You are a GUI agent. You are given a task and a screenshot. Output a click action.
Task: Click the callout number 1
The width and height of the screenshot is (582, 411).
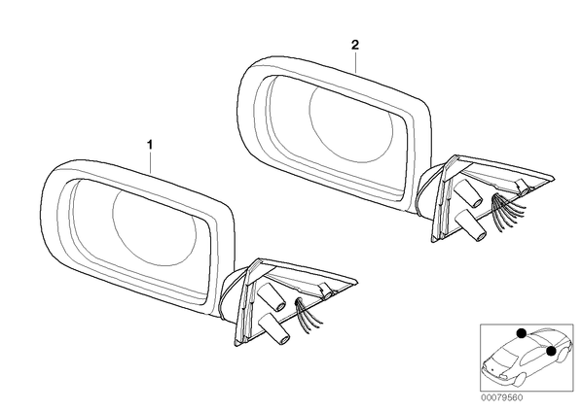click(x=150, y=144)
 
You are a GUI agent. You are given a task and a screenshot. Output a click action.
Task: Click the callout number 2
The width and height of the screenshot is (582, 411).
click(x=355, y=46)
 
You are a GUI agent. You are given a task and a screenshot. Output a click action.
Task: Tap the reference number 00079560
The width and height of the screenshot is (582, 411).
click(x=501, y=398)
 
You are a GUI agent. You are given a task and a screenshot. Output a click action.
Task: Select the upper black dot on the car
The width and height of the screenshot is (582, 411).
click(x=522, y=333)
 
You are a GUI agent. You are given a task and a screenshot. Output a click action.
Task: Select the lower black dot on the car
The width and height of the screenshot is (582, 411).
click(x=552, y=351)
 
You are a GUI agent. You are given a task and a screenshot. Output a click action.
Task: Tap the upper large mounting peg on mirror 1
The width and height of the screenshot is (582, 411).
click(x=271, y=297)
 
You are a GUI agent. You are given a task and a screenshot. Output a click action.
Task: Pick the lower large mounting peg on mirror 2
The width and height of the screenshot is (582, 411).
click(x=471, y=226)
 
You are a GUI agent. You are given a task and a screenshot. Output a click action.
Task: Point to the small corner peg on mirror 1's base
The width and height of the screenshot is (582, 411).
click(x=327, y=291)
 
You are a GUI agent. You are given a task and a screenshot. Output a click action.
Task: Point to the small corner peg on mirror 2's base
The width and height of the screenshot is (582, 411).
click(x=524, y=188)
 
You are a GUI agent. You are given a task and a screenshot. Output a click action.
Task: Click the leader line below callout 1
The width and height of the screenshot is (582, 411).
click(x=150, y=162)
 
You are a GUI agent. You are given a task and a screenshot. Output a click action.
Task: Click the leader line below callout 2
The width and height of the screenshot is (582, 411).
click(x=355, y=62)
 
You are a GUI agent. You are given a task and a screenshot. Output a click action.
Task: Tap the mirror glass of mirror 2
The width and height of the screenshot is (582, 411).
click(x=335, y=136)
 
